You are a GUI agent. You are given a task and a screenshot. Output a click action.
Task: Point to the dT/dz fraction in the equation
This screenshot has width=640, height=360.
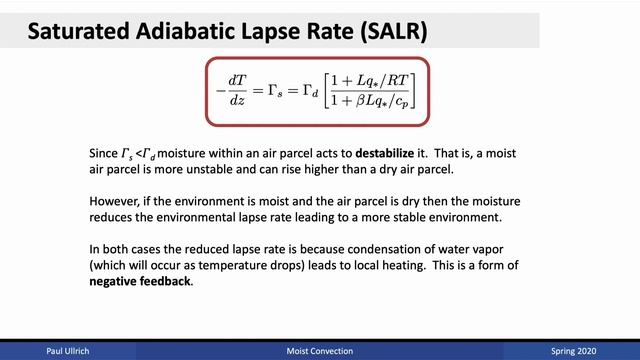pos(237,89)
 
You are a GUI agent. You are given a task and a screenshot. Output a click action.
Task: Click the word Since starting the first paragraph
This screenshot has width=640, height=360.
pos(103,156)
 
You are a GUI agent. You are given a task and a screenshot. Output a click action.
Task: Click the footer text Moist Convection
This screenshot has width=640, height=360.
pos(319,352)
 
